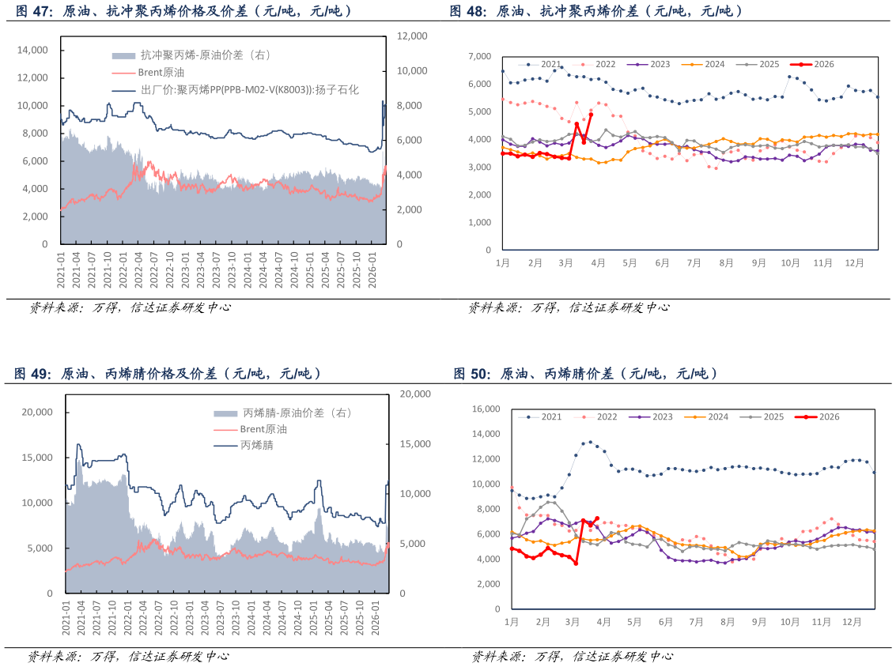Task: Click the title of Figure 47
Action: [183, 11]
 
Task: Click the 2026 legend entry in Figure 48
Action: [812, 65]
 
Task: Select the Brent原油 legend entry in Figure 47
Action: [148, 73]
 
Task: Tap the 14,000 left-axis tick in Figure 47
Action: [32, 51]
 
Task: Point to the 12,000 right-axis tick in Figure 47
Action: [412, 36]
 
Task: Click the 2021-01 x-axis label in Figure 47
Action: [61, 269]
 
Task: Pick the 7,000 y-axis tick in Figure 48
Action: [479, 56]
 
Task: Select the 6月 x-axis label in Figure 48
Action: [662, 262]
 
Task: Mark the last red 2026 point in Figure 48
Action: [591, 115]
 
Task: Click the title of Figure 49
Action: [168, 374]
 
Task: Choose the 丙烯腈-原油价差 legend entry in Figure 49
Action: [282, 413]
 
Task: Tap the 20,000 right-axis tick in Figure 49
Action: [415, 394]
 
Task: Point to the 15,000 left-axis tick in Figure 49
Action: [37, 458]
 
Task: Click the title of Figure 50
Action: [585, 374]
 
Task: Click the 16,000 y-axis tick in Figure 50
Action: [486, 409]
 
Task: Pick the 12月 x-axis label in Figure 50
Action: [852, 622]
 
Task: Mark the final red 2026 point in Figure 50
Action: [597, 518]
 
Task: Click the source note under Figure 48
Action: [569, 307]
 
